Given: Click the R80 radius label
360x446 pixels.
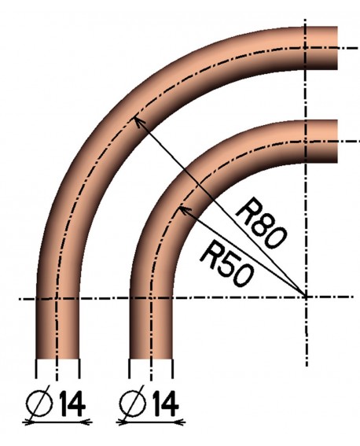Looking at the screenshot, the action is (260, 226).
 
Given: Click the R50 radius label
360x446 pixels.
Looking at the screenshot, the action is (226, 263).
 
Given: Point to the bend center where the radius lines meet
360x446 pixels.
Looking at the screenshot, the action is (306, 297).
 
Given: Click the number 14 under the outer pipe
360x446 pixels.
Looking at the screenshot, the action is (72, 404).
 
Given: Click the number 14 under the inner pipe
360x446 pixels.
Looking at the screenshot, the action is (166, 404).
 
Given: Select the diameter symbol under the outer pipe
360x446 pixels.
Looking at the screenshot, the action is (40, 404).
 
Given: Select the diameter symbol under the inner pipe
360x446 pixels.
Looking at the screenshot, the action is (133, 404).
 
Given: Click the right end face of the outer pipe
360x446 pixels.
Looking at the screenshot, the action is (337, 48).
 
